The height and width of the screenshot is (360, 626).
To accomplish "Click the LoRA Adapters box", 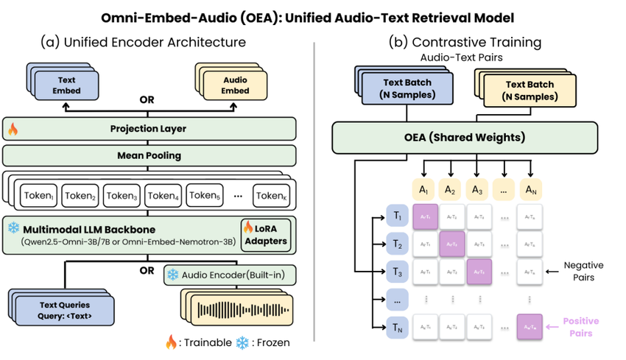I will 266,234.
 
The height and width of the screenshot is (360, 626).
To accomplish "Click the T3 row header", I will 396,271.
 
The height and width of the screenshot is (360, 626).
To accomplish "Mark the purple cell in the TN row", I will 529,325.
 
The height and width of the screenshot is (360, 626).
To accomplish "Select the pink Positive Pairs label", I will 581,327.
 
